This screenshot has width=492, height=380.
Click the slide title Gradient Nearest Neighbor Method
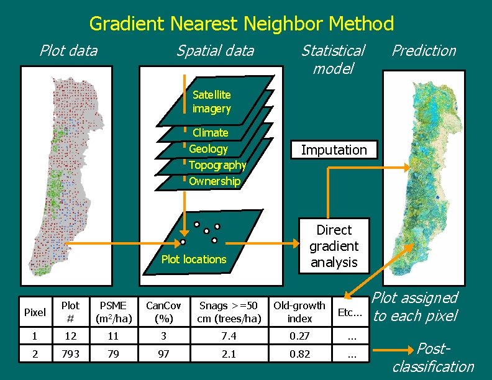point(242,24)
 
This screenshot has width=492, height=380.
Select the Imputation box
point(334,150)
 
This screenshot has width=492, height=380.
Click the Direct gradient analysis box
point(334,246)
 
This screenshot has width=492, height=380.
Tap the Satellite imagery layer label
point(211,102)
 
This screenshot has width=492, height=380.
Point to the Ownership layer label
point(214,181)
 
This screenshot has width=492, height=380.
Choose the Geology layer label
point(208,149)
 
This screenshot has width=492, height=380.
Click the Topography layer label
point(217,165)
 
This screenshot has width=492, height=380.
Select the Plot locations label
point(194,260)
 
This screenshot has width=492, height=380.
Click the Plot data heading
point(68,50)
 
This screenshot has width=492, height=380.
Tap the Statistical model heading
point(332,59)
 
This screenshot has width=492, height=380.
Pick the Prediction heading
point(424,50)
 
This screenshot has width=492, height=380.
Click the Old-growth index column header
point(299,312)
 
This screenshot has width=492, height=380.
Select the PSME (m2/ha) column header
point(112,312)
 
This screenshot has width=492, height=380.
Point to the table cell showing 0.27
point(299,336)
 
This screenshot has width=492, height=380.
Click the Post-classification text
point(433,358)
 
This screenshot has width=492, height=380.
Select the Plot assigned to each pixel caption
point(415,307)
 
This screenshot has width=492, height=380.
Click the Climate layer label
point(210,133)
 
